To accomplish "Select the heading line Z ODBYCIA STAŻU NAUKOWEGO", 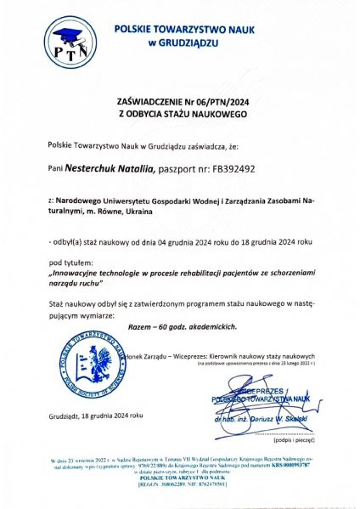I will point(182,112).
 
